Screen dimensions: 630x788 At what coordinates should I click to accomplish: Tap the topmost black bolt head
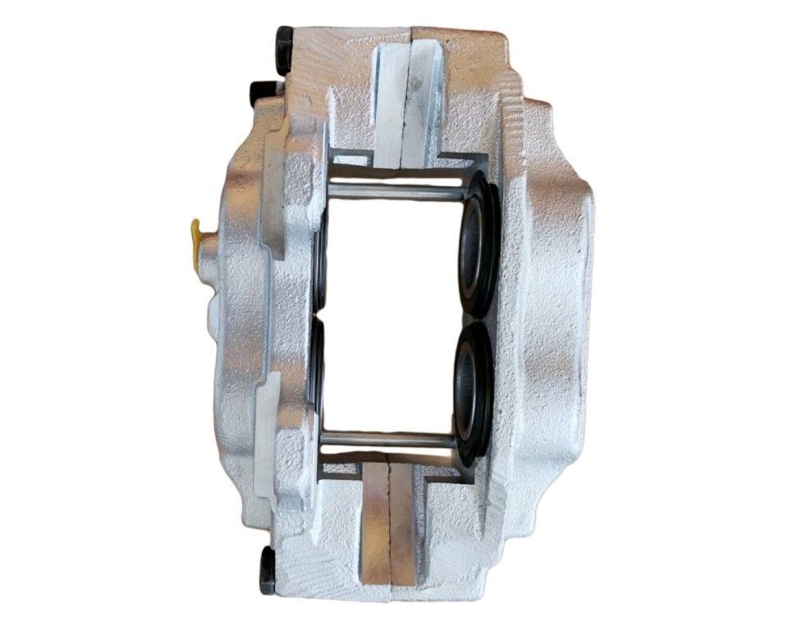click(x=284, y=50)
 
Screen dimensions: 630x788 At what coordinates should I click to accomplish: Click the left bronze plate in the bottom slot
click(x=374, y=525)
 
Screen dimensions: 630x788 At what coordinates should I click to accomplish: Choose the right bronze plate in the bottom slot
click(x=403, y=525)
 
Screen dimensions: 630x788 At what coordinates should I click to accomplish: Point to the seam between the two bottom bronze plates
click(x=389, y=525)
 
